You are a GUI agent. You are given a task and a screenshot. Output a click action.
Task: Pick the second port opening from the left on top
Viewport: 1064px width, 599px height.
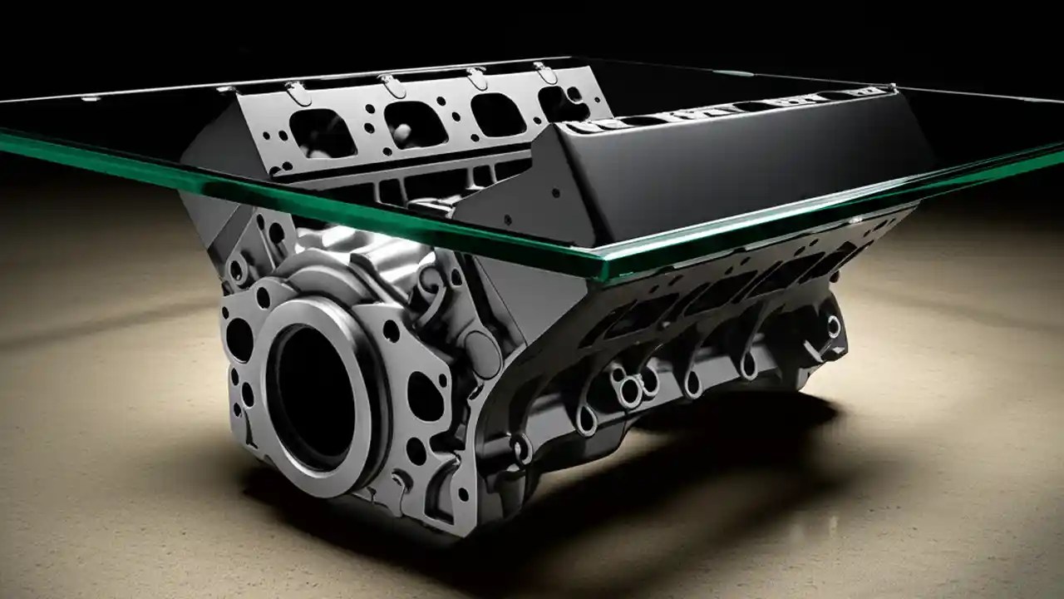point(414,123)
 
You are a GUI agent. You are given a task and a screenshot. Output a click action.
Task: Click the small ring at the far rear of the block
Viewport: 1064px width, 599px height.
point(832,325)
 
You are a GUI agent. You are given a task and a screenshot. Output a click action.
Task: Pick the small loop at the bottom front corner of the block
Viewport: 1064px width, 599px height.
point(521,449)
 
